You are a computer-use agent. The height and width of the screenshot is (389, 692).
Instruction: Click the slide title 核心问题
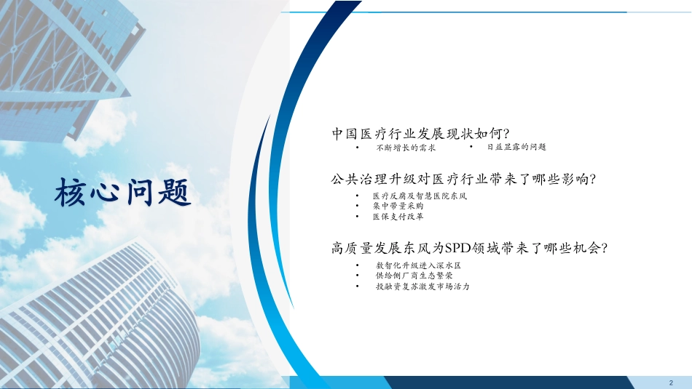tap(122, 193)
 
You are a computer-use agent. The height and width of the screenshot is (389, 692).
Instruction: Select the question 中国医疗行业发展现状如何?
tap(420, 133)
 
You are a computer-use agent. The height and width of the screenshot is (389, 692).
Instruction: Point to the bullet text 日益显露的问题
tap(516, 147)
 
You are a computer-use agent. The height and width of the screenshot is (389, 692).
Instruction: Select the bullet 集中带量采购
tap(398, 206)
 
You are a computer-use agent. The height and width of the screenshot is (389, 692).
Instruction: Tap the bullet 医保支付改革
tap(398, 217)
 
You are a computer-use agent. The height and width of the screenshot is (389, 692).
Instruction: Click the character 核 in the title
tap(71, 193)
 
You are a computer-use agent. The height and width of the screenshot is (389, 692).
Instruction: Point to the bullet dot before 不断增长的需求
tap(357, 148)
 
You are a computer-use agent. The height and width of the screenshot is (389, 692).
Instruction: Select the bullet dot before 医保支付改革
tap(357, 217)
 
